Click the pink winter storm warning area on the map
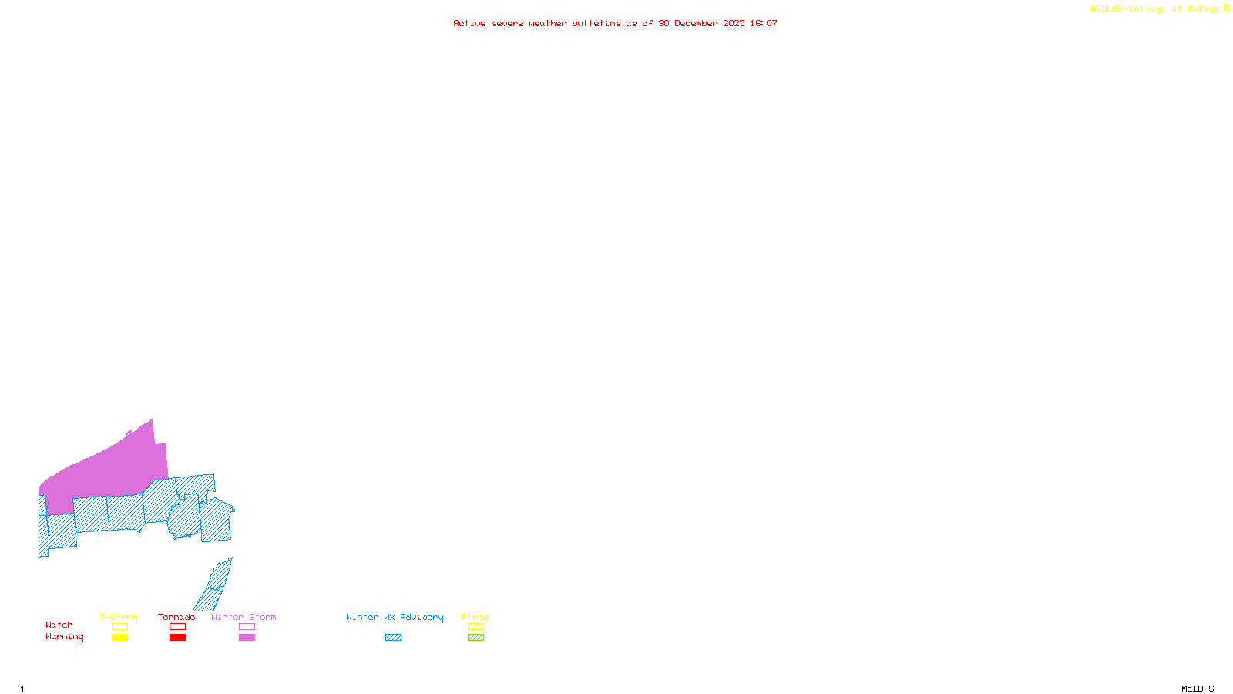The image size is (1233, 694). [116, 470]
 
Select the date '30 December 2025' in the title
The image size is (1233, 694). [701, 23]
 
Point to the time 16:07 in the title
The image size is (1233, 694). [764, 23]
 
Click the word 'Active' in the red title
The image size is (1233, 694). [469, 23]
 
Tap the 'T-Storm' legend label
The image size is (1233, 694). [119, 617]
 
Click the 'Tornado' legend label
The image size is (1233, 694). [176, 617]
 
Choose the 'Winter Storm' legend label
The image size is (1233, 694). [244, 617]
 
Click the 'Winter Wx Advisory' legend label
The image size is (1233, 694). [395, 617]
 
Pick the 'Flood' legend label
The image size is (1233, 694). [475, 617]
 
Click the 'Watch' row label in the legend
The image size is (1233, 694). [59, 625]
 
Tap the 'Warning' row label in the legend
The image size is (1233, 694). [65, 637]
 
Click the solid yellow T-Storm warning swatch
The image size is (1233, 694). [119, 638]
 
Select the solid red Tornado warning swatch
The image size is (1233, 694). [177, 638]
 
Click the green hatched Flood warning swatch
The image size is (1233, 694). [475, 638]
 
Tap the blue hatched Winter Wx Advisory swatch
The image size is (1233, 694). [393, 638]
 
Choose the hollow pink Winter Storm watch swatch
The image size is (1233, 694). [247, 627]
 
